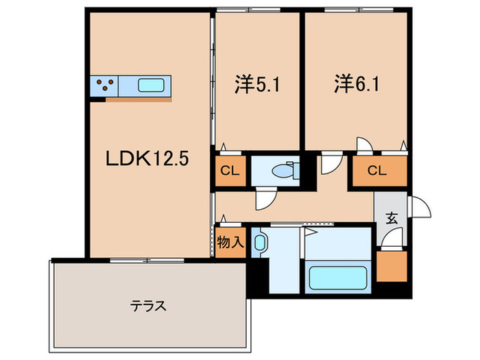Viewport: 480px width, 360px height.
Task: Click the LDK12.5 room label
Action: click(x=147, y=159)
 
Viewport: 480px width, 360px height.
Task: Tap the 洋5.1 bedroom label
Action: click(x=257, y=84)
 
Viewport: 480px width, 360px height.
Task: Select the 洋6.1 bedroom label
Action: click(x=357, y=84)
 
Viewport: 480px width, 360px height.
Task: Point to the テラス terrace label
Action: click(x=149, y=306)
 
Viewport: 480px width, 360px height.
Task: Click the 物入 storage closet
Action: click(x=230, y=243)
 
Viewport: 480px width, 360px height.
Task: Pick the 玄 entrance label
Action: click(x=392, y=218)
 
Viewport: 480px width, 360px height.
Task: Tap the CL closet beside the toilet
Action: click(x=230, y=171)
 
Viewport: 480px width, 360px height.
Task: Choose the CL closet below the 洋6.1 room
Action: click(x=380, y=171)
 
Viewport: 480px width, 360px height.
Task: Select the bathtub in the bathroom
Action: click(x=338, y=278)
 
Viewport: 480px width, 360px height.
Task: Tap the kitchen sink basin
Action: click(x=151, y=86)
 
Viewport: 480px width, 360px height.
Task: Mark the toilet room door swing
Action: click(x=266, y=199)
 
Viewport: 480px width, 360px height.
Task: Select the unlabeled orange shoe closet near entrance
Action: click(x=392, y=266)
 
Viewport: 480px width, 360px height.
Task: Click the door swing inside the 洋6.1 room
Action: click(x=365, y=144)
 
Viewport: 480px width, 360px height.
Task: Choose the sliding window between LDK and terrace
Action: click(x=147, y=261)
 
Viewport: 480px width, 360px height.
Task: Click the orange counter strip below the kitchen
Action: click(x=139, y=99)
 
